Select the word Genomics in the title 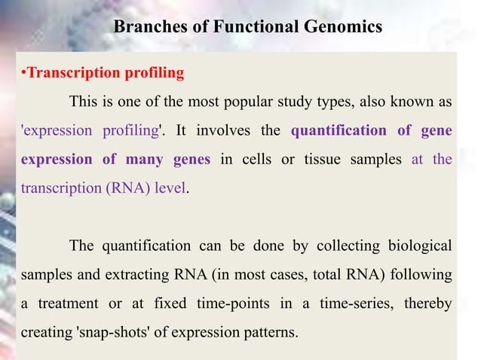point(339,27)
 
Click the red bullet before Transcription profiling point(23,74)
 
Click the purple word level point(169,188)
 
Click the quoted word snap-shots point(112,332)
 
